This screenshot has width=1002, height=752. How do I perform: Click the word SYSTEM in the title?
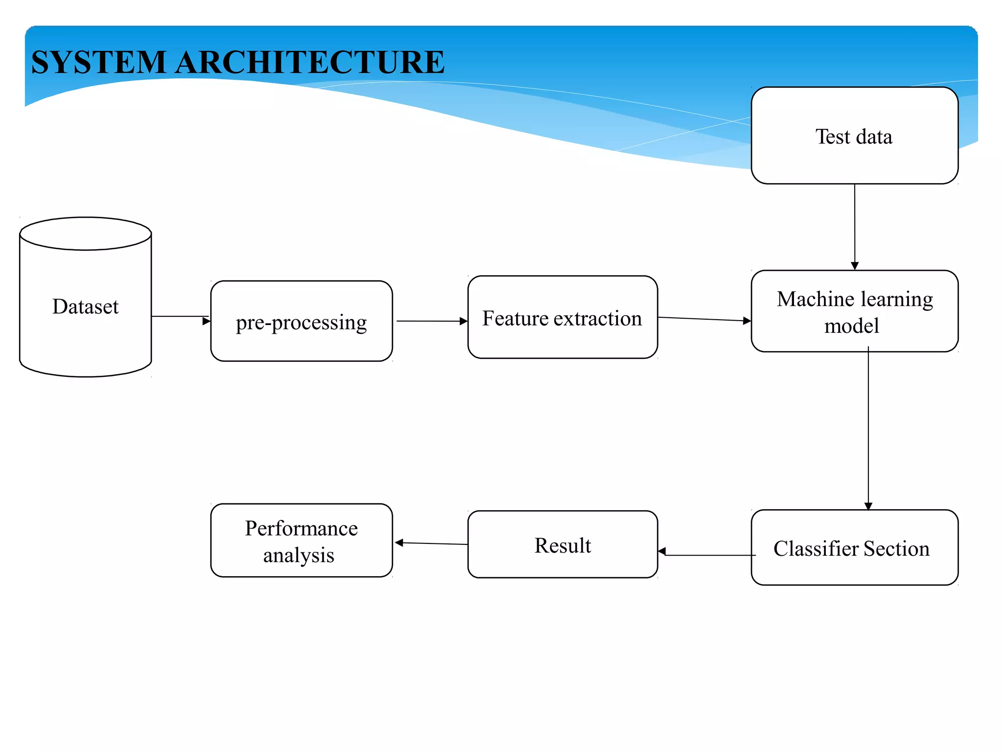point(98,63)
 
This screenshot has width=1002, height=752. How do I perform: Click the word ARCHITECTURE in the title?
point(310,63)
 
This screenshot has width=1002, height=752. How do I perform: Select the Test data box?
point(854,136)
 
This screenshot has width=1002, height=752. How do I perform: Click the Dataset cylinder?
point(86,306)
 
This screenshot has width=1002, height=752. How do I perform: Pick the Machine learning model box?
point(854,311)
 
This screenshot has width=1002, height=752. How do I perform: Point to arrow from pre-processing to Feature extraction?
point(431,321)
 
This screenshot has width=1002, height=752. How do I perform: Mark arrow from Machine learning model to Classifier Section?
point(868,431)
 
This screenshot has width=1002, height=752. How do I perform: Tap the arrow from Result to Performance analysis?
point(431,543)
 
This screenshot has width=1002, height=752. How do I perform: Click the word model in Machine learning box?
point(851,326)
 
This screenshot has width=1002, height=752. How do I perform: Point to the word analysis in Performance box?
point(298,556)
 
